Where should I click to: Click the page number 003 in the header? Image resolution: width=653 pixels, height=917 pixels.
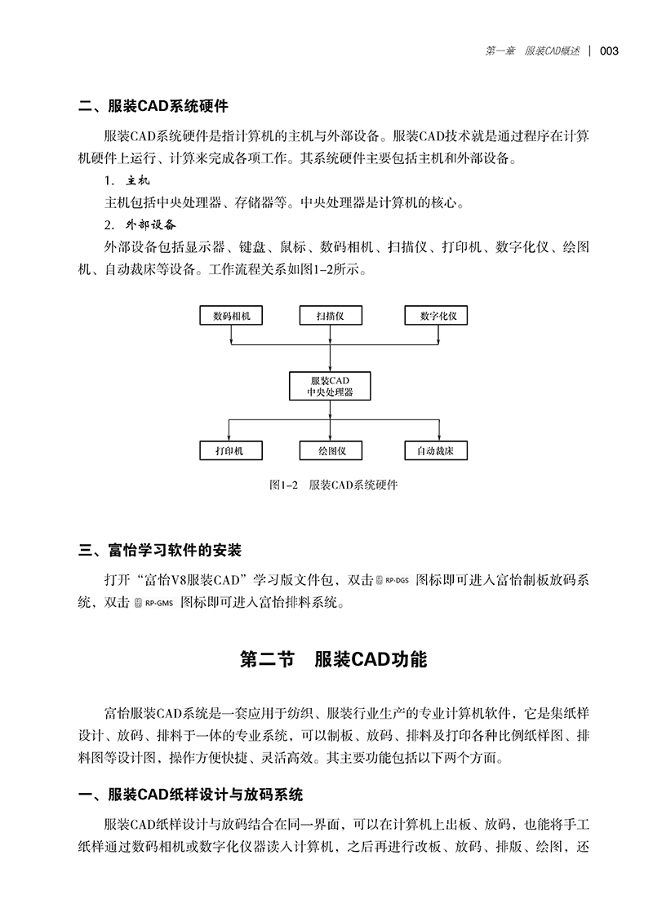click(x=609, y=51)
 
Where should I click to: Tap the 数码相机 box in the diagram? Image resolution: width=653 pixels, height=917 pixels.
click(x=231, y=316)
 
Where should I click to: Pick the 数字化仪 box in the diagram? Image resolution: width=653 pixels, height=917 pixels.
click(x=437, y=316)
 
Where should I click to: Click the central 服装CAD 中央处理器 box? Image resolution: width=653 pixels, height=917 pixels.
click(x=331, y=386)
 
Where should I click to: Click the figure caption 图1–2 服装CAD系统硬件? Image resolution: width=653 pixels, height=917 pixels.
click(x=333, y=485)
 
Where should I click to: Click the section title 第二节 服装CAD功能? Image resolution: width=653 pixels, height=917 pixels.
click(x=333, y=659)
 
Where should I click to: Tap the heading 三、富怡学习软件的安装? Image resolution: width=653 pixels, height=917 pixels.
click(x=159, y=551)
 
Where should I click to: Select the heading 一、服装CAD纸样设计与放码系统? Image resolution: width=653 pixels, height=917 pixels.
click(x=190, y=795)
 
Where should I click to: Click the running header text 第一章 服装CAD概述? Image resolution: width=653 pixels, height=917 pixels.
click(x=532, y=51)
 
